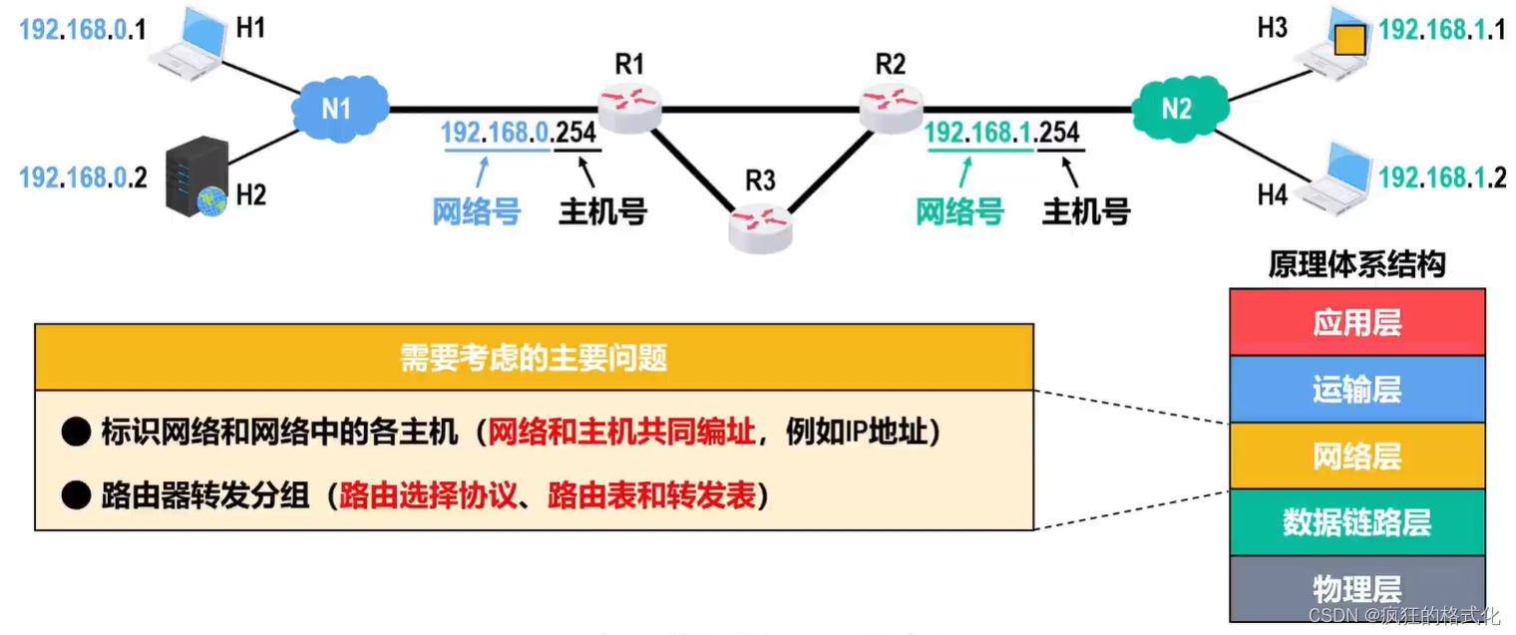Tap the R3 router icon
tap(760, 225)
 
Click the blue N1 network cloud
tap(339, 107)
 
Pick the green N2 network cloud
tap(1177, 108)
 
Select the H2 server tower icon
tap(196, 177)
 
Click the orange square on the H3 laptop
tap(1348, 40)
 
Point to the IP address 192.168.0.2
tap(83, 178)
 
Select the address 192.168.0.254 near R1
tap(521, 133)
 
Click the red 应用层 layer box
tap(1356, 322)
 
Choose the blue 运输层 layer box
tap(1356, 389)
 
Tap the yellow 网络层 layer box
tap(1356, 456)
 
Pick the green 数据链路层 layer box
tap(1356, 521)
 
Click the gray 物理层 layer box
tap(1356, 588)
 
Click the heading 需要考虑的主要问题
tap(534, 357)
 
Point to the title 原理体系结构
tap(1356, 264)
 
